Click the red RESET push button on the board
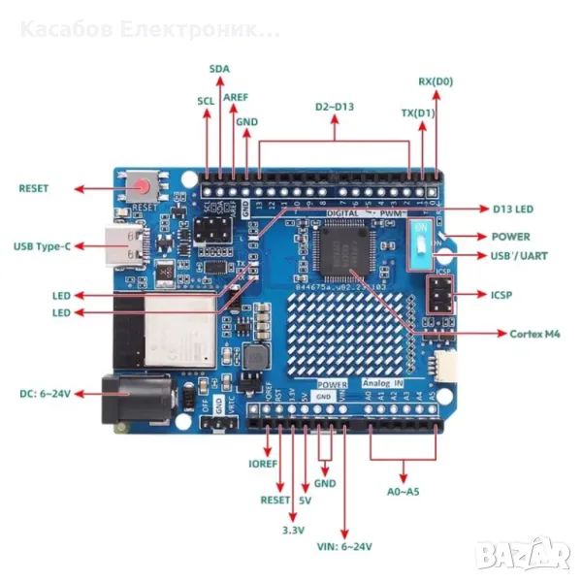(145, 186)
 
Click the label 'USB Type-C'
(42, 246)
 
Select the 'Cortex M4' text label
(534, 334)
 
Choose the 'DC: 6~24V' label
(45, 394)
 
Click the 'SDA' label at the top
(220, 69)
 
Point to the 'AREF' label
(236, 98)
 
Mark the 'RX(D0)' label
(436, 81)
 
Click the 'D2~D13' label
(335, 106)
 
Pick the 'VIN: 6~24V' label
(344, 547)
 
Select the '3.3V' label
(293, 530)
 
